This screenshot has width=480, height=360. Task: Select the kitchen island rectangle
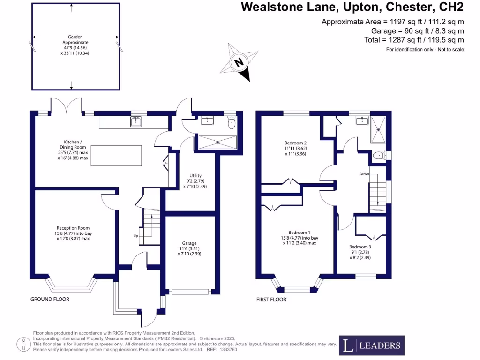[x=116, y=155]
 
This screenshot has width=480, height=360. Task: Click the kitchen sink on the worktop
[x=136, y=122]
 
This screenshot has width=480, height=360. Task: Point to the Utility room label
[x=195, y=180]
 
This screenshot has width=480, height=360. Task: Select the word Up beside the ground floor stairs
[x=136, y=235]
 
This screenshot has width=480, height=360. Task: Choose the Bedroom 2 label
[x=296, y=148]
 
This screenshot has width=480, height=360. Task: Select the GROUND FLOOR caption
[x=50, y=300]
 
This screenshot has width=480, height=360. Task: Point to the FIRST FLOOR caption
[x=271, y=300]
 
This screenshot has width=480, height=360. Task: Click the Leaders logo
[x=372, y=346]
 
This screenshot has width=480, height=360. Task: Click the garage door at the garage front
[x=190, y=292]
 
